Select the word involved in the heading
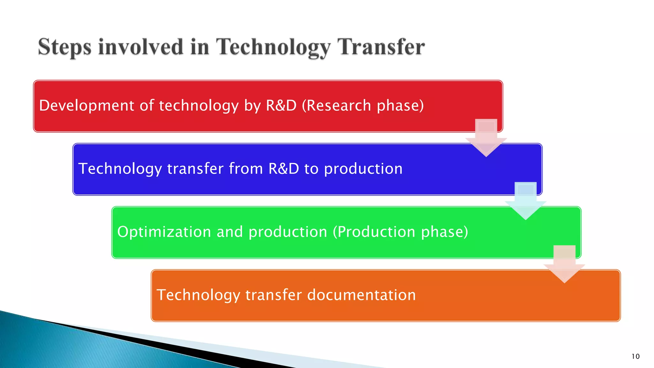coord(141,47)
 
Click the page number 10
coord(635,356)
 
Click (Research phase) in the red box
coord(363,105)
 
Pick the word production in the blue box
coord(363,169)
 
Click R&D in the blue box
coord(284,169)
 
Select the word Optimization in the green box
coord(164,232)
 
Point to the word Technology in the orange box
coord(198,295)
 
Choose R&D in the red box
coord(281,105)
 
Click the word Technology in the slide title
coord(273,47)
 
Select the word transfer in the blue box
coord(195,169)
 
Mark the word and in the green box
coord(230,232)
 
